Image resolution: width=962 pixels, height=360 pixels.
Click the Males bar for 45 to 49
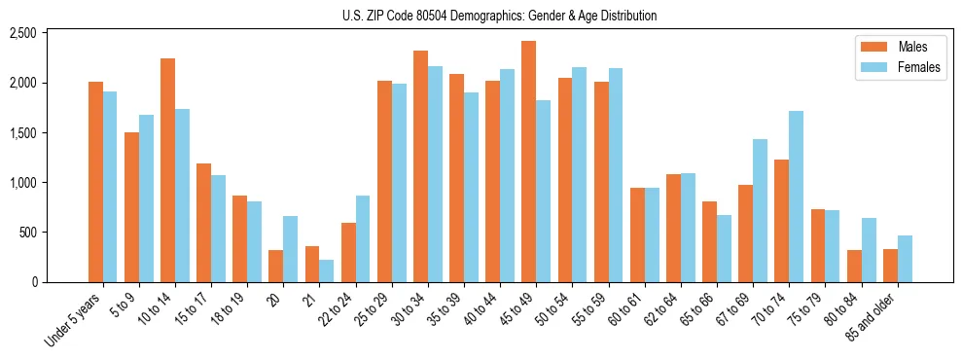click(528, 162)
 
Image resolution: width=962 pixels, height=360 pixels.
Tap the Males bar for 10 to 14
click(167, 170)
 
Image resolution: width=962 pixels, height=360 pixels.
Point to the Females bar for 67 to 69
click(760, 210)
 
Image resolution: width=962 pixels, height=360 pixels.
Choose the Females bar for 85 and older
click(905, 259)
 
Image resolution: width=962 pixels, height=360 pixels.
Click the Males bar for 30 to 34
click(420, 166)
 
